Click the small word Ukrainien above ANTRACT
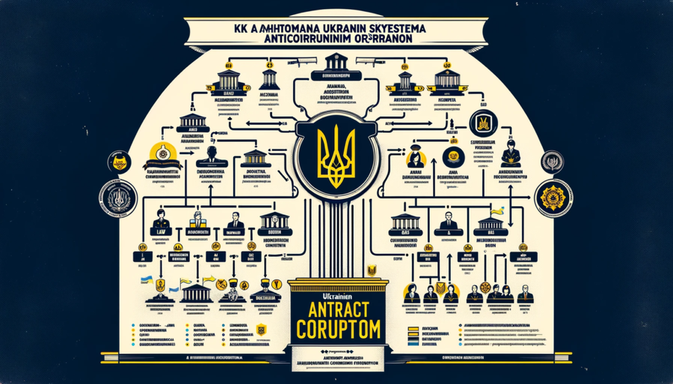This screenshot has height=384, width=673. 336,291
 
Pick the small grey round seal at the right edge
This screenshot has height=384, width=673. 552,161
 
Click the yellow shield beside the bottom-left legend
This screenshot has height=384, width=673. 260,329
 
